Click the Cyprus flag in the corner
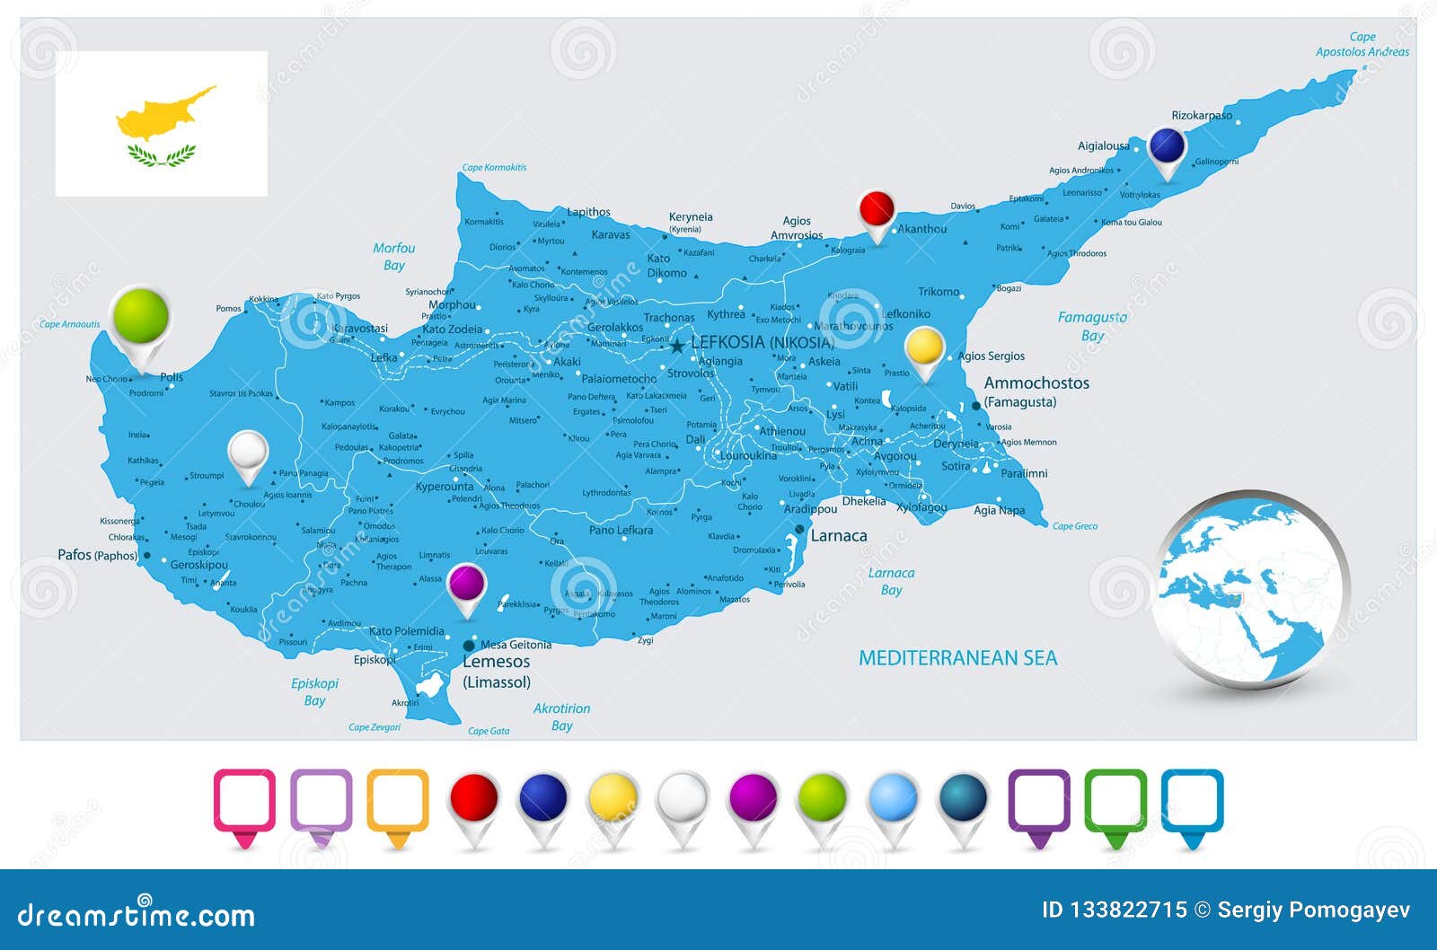[162, 123]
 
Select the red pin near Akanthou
[877, 211]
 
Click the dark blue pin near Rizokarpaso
[1168, 146]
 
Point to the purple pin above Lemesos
[467, 585]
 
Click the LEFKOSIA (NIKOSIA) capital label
[762, 342]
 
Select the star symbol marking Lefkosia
[677, 346]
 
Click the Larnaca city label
[839, 536]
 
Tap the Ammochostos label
[1036, 383]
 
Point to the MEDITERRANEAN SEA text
[957, 658]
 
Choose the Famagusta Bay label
[1092, 326]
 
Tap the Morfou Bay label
[394, 256]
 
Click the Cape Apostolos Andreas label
[1362, 44]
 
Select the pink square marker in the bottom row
[244, 801]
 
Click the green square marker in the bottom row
[1115, 801]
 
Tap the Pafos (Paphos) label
[97, 555]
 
